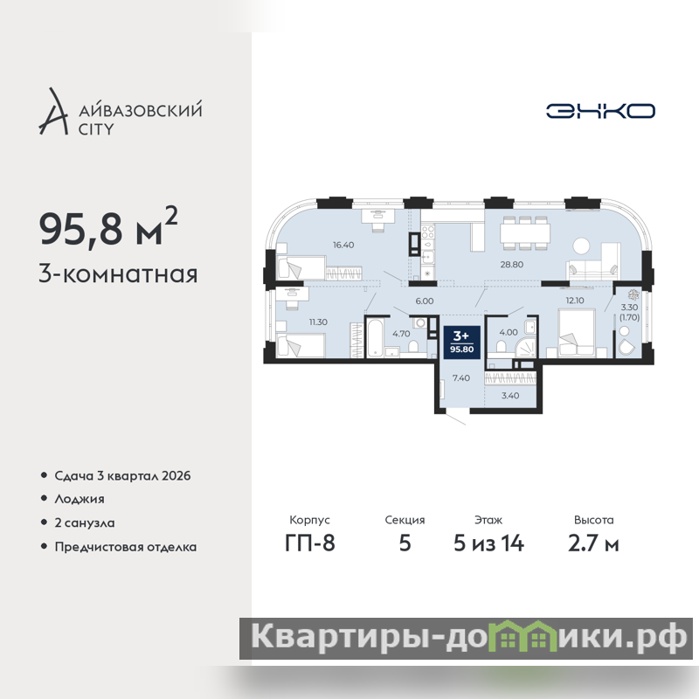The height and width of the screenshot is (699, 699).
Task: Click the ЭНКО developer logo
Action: [600, 111]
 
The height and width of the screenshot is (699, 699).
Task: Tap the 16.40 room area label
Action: [343, 245]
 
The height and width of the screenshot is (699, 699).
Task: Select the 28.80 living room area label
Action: [511, 265]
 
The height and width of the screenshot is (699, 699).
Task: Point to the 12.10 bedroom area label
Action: [575, 301]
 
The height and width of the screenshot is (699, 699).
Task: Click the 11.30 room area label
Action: [318, 322]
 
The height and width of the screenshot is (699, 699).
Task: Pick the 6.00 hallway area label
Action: [424, 301]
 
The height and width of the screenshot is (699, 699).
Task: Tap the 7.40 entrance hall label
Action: [461, 378]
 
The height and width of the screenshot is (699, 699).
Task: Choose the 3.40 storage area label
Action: [510, 396]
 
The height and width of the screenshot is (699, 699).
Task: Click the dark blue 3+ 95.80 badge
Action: [462, 342]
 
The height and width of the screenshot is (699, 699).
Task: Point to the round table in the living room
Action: [581, 246]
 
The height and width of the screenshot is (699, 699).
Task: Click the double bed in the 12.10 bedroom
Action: [577, 334]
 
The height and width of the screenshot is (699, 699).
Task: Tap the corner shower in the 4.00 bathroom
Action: [526, 348]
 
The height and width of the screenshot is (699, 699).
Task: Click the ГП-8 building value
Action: [310, 543]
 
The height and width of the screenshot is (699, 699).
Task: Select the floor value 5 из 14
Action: [488, 543]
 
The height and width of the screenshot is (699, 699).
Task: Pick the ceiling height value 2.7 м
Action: [593, 543]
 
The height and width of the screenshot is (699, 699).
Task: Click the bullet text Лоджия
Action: [80, 499]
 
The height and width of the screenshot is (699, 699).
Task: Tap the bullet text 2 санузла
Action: [84, 523]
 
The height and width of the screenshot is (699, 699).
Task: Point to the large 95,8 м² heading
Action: [108, 228]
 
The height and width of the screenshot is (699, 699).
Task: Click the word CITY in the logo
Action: [96, 129]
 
